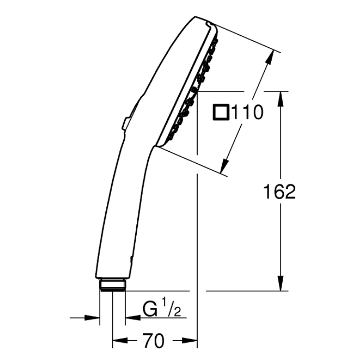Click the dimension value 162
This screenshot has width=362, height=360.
click(x=279, y=192)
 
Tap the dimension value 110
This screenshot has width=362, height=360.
click(x=247, y=113)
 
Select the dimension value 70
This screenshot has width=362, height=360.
click(x=154, y=341)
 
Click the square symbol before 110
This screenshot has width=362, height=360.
click(x=221, y=113)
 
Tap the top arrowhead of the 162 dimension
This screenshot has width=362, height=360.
click(x=281, y=99)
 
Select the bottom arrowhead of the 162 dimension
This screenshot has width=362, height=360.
click(x=281, y=283)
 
